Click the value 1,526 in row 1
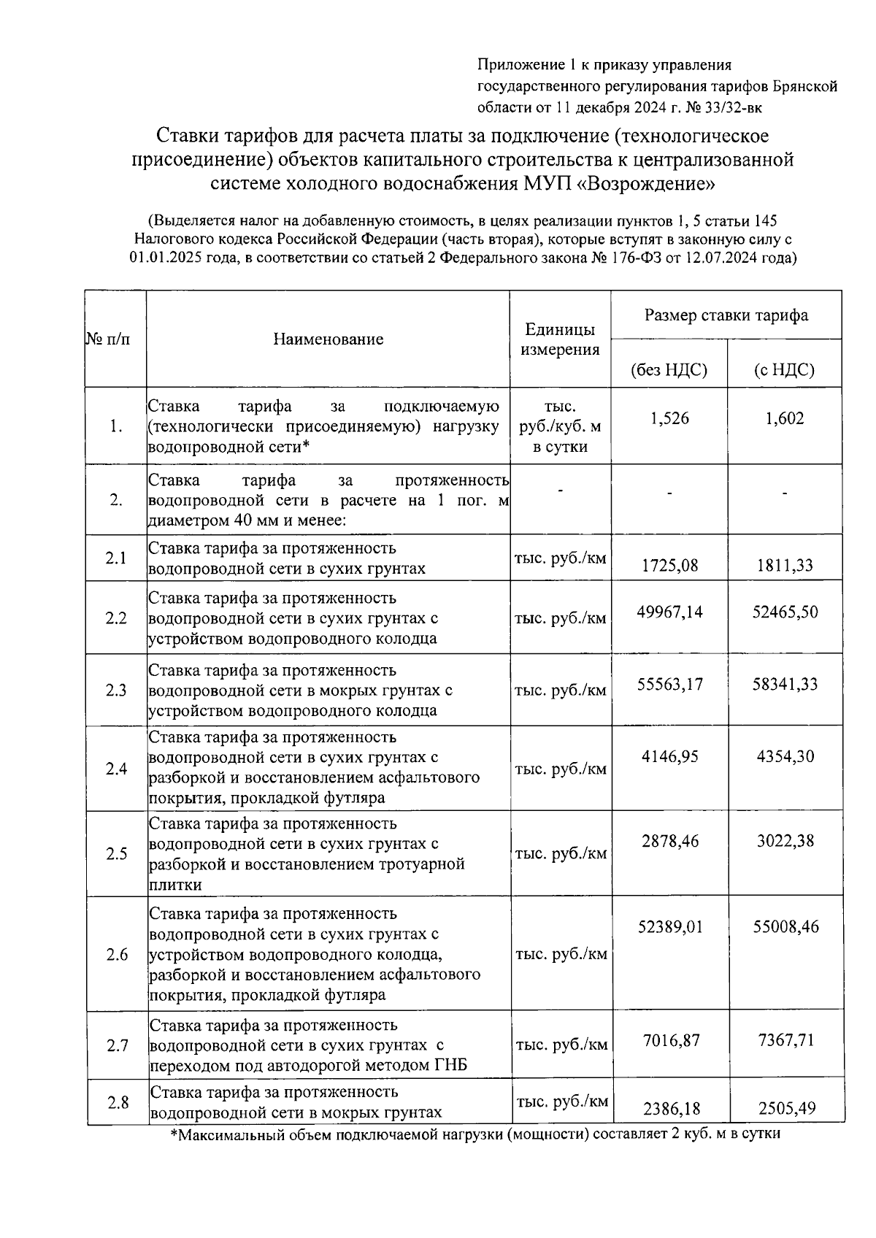(669, 419)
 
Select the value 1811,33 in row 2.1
(785, 565)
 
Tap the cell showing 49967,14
(669, 612)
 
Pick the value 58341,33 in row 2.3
(785, 684)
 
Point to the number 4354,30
(785, 756)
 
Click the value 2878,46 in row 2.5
(669, 841)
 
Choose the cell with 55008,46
(785, 927)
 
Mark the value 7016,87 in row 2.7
(669, 1040)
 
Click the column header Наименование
(328, 339)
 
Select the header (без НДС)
(669, 370)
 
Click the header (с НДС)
(784, 370)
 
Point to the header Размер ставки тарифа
(726, 315)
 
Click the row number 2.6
(117, 955)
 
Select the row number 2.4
(116, 769)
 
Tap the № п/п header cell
(109, 339)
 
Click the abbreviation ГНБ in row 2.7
(451, 1065)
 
